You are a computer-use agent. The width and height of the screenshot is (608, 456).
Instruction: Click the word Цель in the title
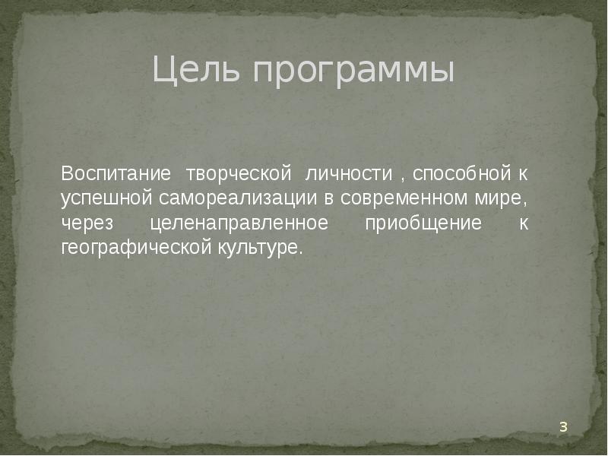196,70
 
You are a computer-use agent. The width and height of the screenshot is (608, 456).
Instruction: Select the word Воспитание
116,173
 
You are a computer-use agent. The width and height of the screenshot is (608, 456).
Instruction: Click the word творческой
239,175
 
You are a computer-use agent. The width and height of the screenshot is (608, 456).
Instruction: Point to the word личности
349,173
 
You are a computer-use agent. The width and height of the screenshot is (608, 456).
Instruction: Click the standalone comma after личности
403,179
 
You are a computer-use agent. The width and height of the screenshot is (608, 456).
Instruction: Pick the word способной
462,174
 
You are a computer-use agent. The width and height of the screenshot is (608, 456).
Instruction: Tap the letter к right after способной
523,174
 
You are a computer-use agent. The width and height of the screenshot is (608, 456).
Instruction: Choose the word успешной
107,199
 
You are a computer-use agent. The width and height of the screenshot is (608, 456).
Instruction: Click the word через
87,224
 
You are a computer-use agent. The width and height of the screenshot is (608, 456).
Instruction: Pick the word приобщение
423,223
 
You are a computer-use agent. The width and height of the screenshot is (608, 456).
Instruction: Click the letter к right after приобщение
523,223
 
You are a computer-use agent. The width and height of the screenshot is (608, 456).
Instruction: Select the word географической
137,248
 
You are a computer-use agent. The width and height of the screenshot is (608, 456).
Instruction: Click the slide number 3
563,426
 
